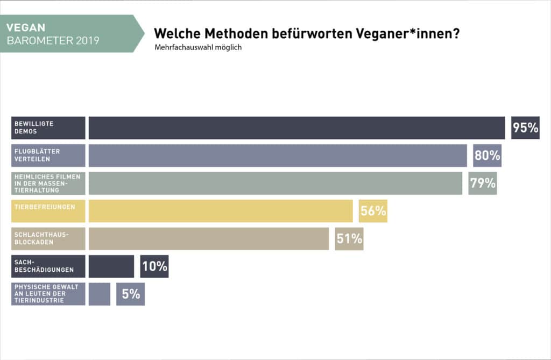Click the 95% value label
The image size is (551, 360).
(x=525, y=128)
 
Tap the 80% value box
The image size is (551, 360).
(x=487, y=156)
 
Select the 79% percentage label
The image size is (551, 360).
(x=483, y=183)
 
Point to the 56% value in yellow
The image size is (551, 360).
(x=373, y=211)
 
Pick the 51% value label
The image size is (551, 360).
(x=349, y=239)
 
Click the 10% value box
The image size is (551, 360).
(x=154, y=266)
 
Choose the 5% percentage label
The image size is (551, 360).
(x=130, y=294)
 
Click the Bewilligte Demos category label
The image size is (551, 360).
(x=48, y=128)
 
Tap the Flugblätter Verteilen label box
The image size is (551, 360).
(x=48, y=156)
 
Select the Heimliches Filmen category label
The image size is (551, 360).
(x=48, y=183)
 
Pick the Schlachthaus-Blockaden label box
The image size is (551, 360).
(x=48, y=239)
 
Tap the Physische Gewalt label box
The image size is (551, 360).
(x=48, y=294)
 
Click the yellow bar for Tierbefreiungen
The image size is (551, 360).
(x=221, y=211)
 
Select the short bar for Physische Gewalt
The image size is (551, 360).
(x=100, y=294)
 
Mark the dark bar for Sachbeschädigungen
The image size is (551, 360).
(x=111, y=266)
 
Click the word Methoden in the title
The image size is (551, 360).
(x=236, y=33)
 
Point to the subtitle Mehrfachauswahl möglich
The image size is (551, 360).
(x=198, y=47)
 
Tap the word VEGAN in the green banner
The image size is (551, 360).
(x=26, y=27)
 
